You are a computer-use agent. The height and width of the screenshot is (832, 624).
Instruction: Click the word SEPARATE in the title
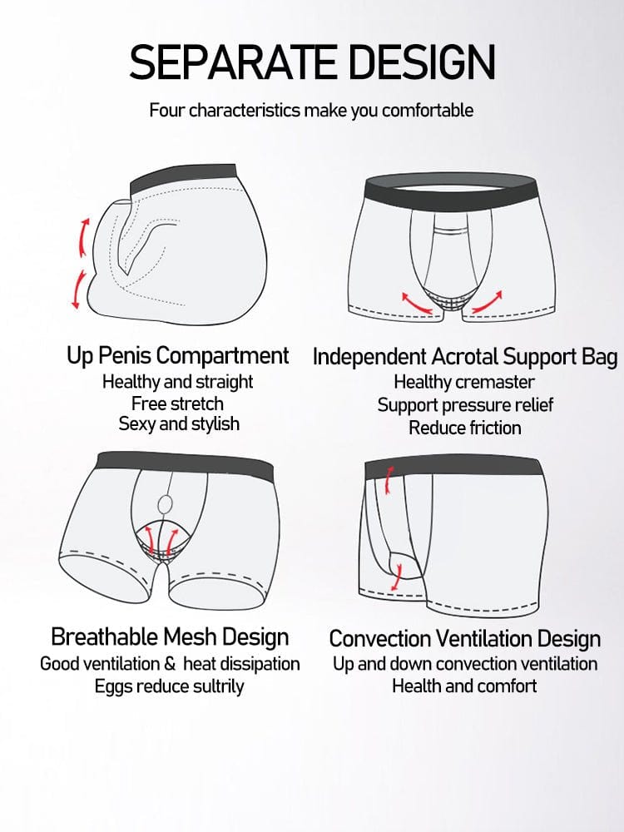233,62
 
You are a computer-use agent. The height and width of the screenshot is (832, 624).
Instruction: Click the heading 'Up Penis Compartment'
178,356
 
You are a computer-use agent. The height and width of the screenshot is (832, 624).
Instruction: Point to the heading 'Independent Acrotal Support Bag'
465,357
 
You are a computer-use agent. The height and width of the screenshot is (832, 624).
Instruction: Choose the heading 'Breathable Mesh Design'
170,637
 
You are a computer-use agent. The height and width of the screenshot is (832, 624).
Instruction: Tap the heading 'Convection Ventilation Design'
465,638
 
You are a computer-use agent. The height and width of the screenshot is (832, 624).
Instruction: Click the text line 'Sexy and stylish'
179,424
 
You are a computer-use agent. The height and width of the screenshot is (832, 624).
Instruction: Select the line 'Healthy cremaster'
463,382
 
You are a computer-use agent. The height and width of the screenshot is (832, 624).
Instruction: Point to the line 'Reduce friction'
465,428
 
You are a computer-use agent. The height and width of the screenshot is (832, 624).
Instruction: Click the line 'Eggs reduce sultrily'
169,686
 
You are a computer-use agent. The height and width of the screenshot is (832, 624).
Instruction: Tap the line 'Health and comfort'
464,686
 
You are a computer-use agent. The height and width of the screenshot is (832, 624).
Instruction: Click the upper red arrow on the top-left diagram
83,237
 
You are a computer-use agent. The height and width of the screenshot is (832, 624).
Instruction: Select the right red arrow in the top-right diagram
487,302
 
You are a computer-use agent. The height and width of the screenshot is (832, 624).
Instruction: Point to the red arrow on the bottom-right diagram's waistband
389,480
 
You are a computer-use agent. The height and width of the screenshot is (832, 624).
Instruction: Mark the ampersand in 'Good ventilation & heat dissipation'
170,664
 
